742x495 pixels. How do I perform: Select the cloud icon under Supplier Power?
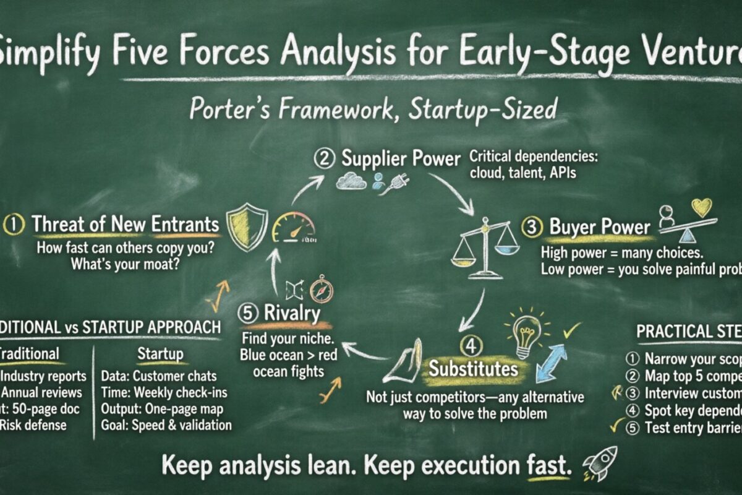click(351, 181)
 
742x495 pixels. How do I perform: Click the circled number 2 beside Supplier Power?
click(325, 158)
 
